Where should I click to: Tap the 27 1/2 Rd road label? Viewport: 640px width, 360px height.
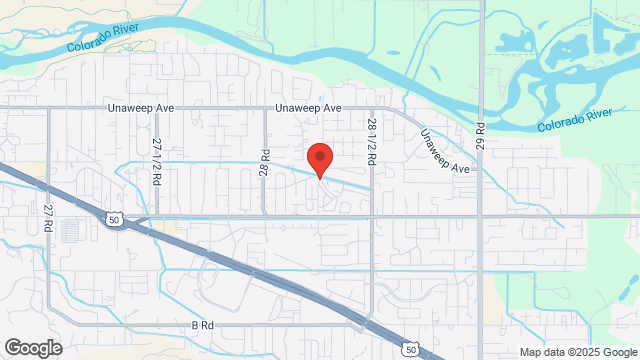coord(157,162)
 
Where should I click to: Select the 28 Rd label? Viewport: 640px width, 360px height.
coord(266,163)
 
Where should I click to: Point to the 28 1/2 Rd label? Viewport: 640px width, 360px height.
coord(371,141)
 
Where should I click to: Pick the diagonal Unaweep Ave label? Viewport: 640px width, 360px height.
coord(444,153)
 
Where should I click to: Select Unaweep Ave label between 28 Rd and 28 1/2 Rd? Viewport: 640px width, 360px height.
coord(310,108)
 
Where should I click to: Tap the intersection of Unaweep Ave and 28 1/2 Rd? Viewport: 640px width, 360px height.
coord(371,108)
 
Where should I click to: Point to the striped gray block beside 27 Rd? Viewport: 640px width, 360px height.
coord(70,230)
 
